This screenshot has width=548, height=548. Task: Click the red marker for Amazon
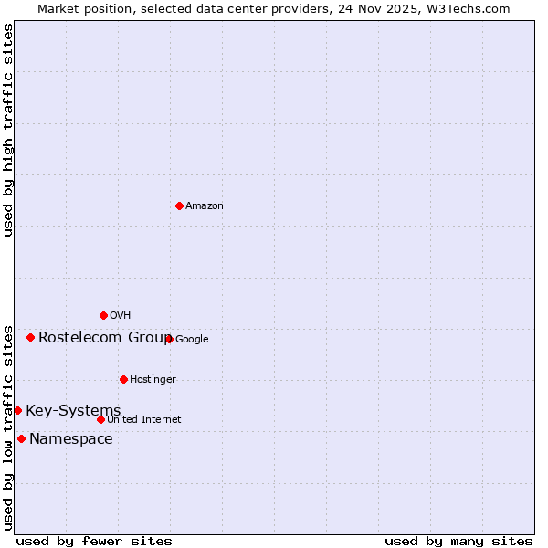(x=179, y=205)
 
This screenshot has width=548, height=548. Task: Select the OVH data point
(x=103, y=315)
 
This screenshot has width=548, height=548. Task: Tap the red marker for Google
(x=169, y=339)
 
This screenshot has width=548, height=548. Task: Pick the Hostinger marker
(x=123, y=379)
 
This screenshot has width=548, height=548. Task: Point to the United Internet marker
(x=100, y=419)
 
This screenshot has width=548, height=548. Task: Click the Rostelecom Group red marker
(x=30, y=337)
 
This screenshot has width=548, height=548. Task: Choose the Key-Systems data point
(x=17, y=410)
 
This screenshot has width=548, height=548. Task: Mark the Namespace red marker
(x=21, y=438)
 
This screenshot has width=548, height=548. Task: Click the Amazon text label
(x=205, y=206)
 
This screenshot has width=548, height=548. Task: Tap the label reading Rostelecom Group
(x=104, y=337)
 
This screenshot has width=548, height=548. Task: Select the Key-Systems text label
(x=73, y=410)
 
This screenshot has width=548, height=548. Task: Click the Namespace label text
(x=71, y=439)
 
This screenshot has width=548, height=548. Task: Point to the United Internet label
(x=144, y=420)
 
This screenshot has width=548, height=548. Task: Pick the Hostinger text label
(x=153, y=380)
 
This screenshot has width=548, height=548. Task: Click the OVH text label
(x=121, y=316)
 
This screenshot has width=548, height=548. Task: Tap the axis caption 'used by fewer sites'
(x=94, y=541)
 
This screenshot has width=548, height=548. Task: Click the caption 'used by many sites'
(x=458, y=541)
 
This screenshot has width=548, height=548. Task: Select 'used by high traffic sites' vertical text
(x=8, y=130)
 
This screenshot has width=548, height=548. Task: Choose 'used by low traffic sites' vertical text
(x=8, y=427)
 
